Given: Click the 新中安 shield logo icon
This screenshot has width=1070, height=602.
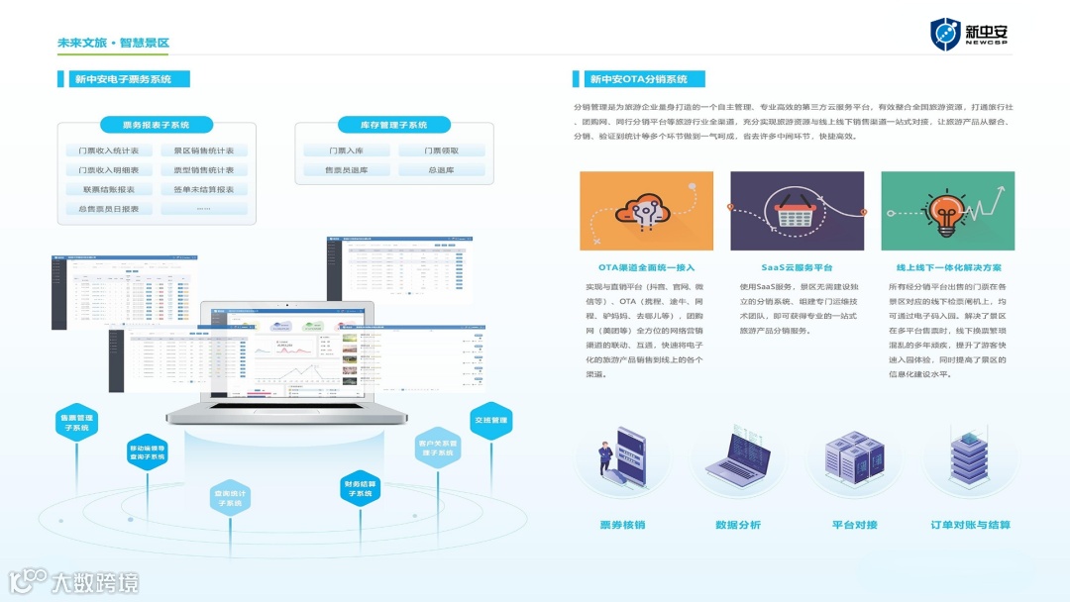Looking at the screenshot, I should click(x=945, y=35).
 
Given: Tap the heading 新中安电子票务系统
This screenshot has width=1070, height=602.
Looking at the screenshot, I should click(x=123, y=79).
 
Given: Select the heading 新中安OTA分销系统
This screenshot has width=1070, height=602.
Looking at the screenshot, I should click(x=638, y=79).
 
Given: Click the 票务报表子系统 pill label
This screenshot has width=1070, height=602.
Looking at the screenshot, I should click(x=157, y=126).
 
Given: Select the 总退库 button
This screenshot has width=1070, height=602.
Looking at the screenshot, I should click(x=441, y=170).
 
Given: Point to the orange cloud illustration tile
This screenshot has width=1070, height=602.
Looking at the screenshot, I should click(x=647, y=211).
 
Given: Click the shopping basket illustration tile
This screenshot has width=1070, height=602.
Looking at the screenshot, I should click(x=797, y=211).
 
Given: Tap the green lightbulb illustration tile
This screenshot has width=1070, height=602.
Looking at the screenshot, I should click(x=947, y=211).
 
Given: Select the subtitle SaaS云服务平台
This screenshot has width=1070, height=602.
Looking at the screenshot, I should click(x=797, y=267).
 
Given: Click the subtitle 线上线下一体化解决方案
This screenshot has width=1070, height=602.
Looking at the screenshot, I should click(x=948, y=267).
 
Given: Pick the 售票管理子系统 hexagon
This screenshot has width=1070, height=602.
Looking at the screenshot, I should click(x=77, y=423).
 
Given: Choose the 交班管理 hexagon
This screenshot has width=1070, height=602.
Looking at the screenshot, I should click(x=490, y=420).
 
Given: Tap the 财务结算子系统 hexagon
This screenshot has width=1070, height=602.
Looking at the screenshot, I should click(x=359, y=488).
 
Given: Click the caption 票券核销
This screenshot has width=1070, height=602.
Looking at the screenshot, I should click(x=622, y=525).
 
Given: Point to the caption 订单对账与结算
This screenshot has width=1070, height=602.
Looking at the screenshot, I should click(x=970, y=525).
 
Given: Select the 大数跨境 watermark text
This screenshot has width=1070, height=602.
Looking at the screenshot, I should click(x=95, y=582).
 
